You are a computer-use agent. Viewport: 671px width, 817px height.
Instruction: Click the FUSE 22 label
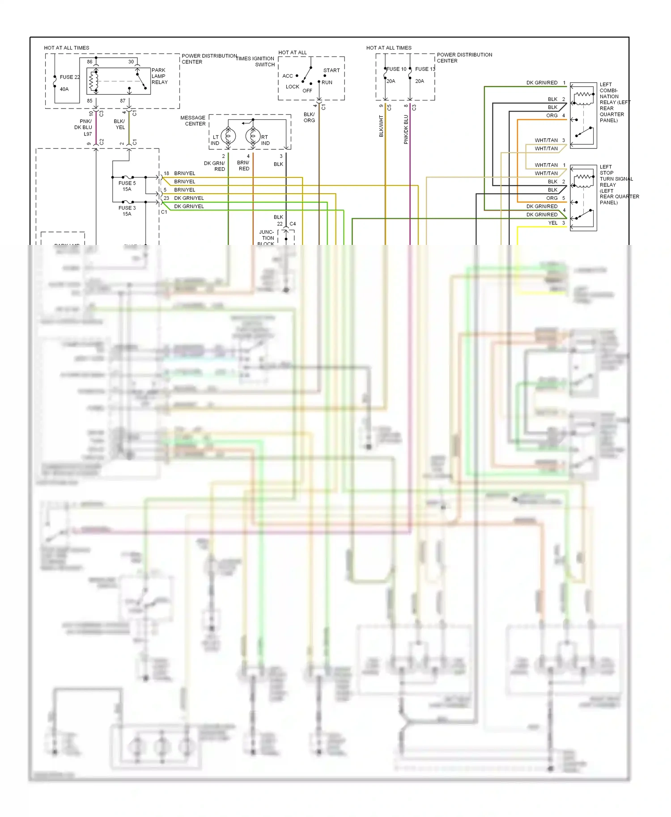69,77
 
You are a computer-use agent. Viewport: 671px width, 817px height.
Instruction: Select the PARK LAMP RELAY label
159,76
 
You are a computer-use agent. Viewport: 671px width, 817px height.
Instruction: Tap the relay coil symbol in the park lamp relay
93,81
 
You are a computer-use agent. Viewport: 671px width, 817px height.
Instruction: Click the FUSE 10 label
397,69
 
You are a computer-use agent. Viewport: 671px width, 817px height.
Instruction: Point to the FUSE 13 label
425,69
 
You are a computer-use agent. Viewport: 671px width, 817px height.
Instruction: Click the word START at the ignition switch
331,70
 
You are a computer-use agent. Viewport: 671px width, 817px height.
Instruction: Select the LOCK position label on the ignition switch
292,87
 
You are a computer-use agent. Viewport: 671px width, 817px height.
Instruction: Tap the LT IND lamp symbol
228,135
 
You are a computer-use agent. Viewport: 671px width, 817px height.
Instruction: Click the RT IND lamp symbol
253,135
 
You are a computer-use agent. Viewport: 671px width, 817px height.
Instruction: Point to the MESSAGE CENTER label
193,121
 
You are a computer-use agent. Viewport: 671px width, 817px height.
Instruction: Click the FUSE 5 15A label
127,186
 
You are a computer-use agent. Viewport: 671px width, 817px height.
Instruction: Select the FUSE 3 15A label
127,211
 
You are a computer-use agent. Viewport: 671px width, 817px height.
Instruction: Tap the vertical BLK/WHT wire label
381,126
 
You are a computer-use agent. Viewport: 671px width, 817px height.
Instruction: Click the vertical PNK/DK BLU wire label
406,130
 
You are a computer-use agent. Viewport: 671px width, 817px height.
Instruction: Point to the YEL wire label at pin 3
553,223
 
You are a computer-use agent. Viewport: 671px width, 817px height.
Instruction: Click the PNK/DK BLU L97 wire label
84,127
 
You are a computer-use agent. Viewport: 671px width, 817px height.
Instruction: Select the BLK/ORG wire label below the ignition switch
309,117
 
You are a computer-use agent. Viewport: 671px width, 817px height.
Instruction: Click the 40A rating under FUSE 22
64,89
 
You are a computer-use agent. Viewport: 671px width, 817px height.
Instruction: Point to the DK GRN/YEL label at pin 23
189,198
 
